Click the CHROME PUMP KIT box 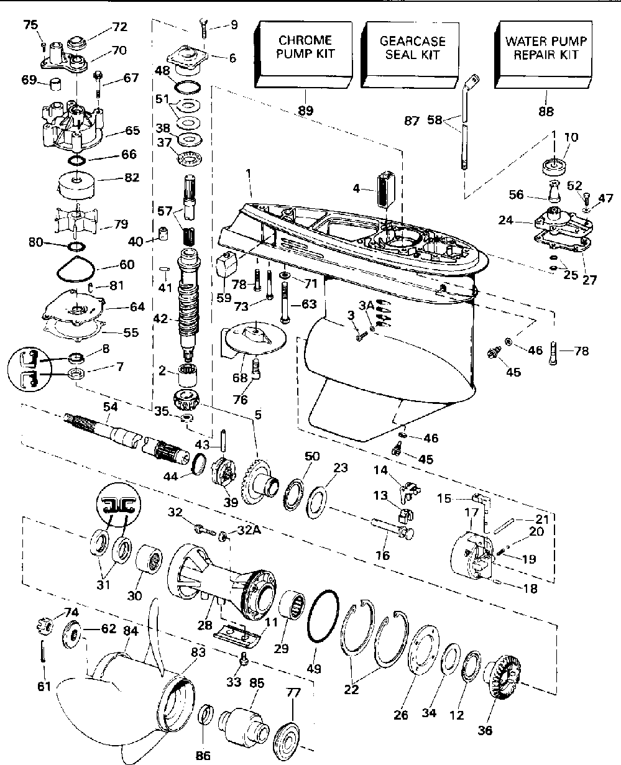coord(303,54)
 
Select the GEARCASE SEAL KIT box coord(410,54)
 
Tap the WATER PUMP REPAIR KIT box coord(543,54)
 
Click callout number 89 coord(306,110)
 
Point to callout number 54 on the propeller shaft coord(110,407)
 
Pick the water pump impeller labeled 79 coord(76,219)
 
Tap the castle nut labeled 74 coord(45,626)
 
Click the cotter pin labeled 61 coord(43,651)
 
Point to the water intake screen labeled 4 coord(386,190)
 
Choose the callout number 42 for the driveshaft coord(160,319)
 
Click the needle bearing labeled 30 coord(149,561)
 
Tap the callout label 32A coord(249,530)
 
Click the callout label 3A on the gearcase coord(366,305)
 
